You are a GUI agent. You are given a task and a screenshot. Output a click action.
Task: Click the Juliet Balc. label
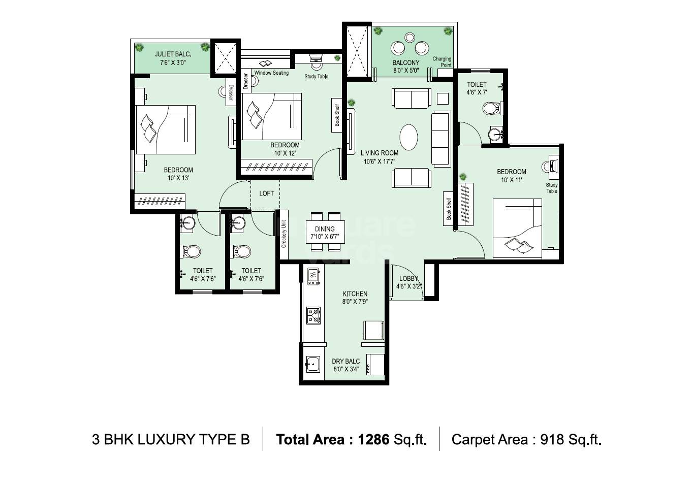172,54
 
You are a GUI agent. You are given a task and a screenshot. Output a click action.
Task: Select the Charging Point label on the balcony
442,62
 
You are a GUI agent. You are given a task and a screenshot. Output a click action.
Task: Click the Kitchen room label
355,294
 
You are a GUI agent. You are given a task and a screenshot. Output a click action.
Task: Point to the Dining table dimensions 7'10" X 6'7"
325,237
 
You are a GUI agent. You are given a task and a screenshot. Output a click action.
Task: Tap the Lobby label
408,278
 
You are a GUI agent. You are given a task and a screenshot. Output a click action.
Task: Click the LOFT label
266,193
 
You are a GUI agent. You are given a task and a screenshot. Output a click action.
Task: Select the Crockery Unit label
284,234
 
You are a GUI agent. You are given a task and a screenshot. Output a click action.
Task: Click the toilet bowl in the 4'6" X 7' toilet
491,108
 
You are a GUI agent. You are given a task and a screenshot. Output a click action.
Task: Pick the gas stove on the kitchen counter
313,315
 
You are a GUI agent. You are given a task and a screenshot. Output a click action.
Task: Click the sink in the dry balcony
312,364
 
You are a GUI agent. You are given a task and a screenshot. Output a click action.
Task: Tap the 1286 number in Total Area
373,439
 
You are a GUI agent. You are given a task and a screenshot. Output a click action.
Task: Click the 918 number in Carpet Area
552,439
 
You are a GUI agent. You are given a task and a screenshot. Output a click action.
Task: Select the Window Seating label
271,73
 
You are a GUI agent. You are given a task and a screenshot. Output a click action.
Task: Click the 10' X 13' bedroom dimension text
178,178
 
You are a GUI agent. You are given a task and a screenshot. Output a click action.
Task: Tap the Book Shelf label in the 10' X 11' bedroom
449,208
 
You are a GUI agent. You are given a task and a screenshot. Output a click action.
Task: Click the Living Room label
379,153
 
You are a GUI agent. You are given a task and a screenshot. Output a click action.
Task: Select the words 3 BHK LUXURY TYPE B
171,439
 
